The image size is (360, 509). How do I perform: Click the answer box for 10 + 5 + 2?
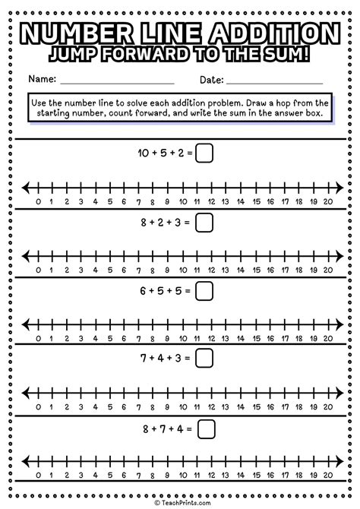(x=204, y=153)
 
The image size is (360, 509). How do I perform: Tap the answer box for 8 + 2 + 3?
(x=204, y=223)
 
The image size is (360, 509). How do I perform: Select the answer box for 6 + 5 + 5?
(x=204, y=292)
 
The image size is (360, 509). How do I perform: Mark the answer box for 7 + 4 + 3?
(x=204, y=360)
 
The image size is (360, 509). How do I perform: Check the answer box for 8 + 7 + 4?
(x=205, y=429)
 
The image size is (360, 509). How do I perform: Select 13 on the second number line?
(x=227, y=270)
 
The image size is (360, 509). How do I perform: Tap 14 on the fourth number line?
(x=242, y=408)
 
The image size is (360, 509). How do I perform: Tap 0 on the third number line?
(x=39, y=340)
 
